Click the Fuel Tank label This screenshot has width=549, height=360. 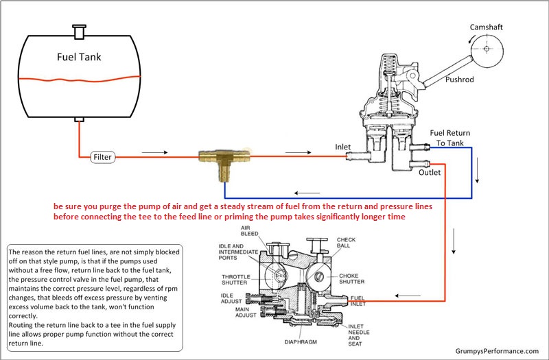click(x=79, y=57)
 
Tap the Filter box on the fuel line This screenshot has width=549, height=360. click(x=102, y=157)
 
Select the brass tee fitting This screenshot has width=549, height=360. click(x=219, y=159)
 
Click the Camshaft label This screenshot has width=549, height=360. click(x=486, y=27)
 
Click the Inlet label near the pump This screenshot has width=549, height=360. click(x=344, y=146)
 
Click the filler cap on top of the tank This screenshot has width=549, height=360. click(x=79, y=31)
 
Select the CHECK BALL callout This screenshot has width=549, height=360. click(x=347, y=243)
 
